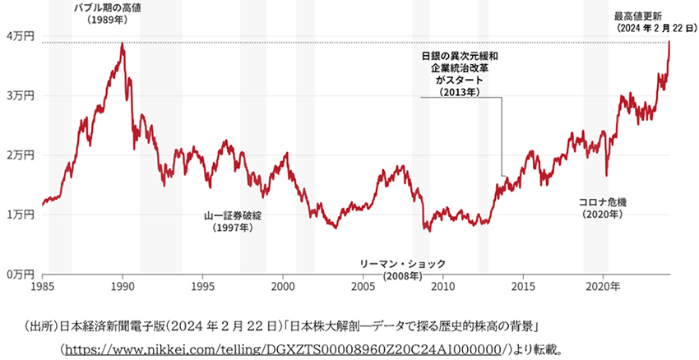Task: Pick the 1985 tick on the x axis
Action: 43,287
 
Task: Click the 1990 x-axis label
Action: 123,287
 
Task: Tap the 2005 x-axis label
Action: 363,287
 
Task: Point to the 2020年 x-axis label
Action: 606,287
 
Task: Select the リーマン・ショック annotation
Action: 403,263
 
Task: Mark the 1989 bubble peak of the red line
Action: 123,44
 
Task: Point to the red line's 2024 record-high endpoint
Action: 669,41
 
